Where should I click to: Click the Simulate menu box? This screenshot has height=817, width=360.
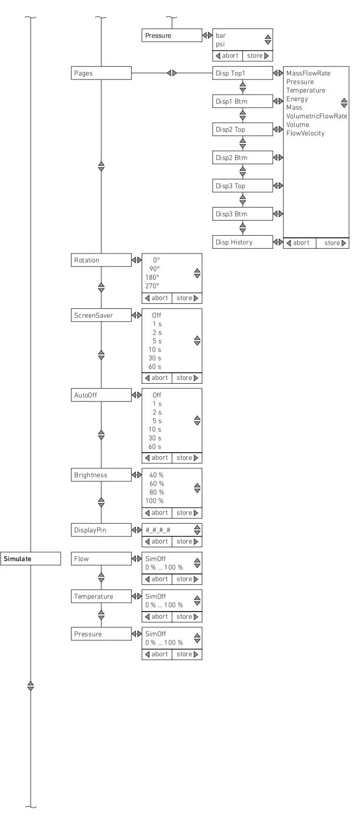[31, 559]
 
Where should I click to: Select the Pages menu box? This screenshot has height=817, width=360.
[101, 73]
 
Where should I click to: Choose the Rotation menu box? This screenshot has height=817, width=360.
[101, 260]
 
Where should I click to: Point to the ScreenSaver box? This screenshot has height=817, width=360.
[101, 316]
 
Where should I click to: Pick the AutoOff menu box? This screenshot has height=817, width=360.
[101, 396]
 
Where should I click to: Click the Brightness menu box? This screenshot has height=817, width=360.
[101, 475]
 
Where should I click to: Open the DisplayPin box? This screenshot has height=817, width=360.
[101, 530]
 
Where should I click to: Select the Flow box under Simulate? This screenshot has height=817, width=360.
[101, 559]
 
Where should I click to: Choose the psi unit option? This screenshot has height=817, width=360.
[220, 44]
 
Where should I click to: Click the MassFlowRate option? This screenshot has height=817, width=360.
[308, 73]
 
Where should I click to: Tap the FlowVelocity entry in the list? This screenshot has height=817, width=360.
[305, 133]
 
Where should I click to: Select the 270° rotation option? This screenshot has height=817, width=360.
[152, 286]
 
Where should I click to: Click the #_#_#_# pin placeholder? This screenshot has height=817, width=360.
[158, 530]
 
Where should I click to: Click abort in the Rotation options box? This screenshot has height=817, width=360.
[157, 298]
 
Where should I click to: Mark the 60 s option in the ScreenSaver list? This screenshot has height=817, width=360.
[155, 367]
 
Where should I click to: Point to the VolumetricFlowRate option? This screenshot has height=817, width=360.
[317, 116]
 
